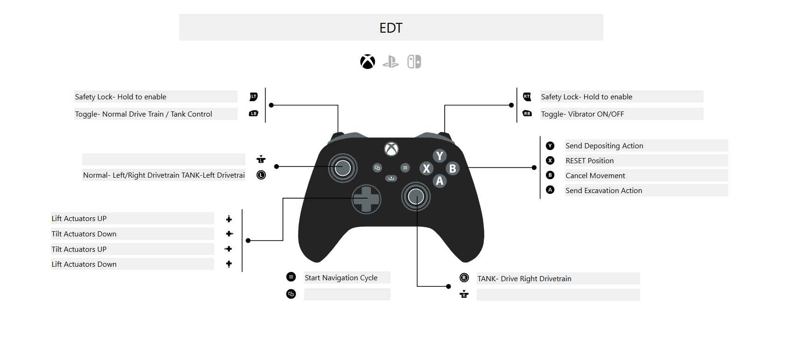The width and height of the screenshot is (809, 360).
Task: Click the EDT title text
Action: tap(391, 28)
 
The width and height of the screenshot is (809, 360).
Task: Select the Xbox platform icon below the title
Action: tap(368, 62)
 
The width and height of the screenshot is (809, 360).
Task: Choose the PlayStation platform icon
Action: tap(391, 62)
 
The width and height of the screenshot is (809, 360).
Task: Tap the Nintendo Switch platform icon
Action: tap(414, 62)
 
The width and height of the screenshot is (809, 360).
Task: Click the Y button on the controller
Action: tap(439, 156)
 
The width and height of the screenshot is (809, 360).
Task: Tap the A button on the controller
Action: tap(439, 181)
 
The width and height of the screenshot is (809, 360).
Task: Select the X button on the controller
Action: tap(426, 168)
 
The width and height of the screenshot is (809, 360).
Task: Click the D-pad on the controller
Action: tap(366, 199)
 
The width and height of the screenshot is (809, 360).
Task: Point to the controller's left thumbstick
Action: tap(343, 168)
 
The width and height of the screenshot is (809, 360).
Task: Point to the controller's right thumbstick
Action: tap(416, 197)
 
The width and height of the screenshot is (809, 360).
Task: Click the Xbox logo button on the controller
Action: tap(391, 149)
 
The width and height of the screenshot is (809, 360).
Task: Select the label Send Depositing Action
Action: tap(604, 146)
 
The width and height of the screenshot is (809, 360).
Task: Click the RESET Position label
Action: tap(590, 161)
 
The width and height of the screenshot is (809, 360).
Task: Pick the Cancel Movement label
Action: tap(595, 176)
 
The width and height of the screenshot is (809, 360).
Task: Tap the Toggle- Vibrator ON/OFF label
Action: tap(582, 114)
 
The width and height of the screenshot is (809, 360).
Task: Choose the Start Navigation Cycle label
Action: tap(341, 278)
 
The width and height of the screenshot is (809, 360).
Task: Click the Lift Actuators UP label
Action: tap(79, 219)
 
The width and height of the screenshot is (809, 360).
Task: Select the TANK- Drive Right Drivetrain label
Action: tap(524, 279)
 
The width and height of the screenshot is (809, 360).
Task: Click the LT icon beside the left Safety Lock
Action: tap(254, 97)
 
